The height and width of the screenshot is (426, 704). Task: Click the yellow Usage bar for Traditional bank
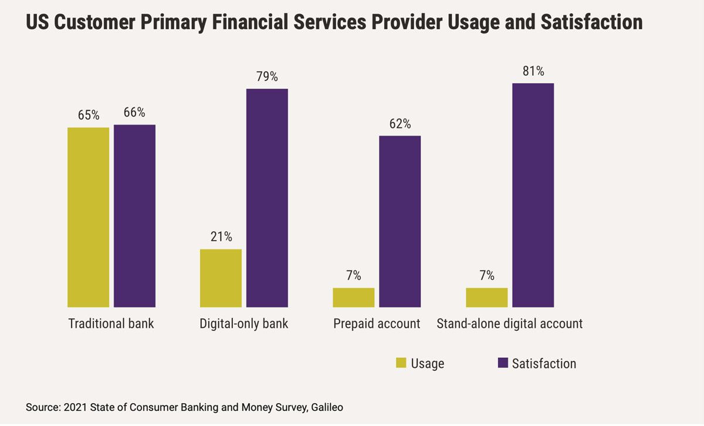88,217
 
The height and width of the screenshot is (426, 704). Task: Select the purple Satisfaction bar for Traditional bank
134,216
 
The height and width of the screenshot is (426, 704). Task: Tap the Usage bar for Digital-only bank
221,278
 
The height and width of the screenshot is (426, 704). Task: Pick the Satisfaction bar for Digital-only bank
267,198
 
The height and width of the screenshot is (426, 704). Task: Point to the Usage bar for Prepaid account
353,297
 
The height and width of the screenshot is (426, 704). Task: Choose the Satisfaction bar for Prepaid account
400,221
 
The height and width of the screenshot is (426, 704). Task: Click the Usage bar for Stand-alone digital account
486,297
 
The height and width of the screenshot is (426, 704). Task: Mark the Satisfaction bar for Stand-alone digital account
533,195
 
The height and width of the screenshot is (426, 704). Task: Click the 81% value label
533,72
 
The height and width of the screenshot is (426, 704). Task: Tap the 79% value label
267,77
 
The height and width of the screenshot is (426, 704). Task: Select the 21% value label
221,237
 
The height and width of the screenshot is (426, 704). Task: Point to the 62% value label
400,124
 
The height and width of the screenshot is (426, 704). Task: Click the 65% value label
88,115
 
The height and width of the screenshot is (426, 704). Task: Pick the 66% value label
134,113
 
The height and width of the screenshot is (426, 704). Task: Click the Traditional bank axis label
111,323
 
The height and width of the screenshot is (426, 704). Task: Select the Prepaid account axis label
377,323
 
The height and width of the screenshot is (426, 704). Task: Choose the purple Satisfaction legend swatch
502,363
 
